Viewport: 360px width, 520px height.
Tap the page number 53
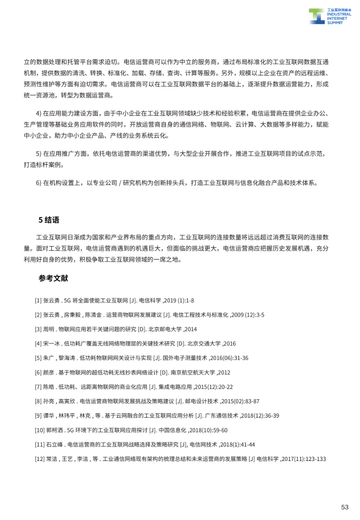pos(345,507)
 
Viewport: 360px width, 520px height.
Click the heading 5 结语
pos(49,220)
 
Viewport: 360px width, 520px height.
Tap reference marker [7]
pos(38,387)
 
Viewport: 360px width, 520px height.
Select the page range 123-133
pos(313,459)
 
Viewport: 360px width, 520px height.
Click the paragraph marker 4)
pos(39,113)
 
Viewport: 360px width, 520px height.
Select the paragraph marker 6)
pos(39,183)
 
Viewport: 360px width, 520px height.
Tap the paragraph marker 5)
pos(39,153)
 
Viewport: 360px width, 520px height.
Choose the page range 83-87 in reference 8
pos(247,401)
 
